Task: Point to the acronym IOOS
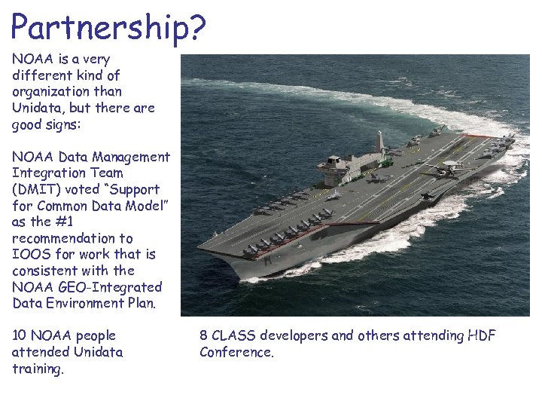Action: click(x=29, y=254)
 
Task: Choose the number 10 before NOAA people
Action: click(x=20, y=335)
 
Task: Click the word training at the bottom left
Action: click(x=38, y=369)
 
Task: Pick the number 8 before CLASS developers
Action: click(x=204, y=335)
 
